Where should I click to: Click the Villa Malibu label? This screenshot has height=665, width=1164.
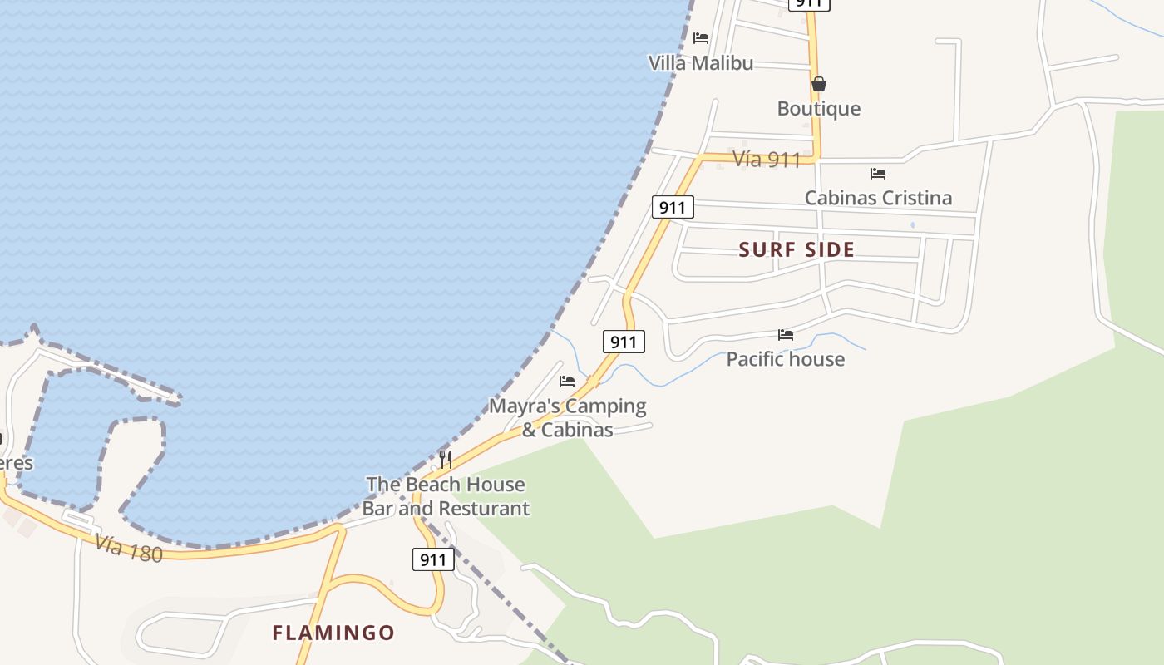pos(701,63)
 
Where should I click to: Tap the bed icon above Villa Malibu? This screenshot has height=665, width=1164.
pos(701,37)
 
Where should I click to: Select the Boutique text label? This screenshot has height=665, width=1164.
pos(818,109)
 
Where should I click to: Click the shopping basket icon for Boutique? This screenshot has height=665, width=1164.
pos(818,84)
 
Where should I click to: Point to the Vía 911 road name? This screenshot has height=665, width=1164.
pos(767,160)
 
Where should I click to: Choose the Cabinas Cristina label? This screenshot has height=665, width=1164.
pos(878,198)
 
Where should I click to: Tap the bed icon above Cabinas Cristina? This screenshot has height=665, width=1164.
pos(878,174)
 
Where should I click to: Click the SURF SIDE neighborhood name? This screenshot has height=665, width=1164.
pos(797,249)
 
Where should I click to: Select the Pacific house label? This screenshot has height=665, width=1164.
pos(785,359)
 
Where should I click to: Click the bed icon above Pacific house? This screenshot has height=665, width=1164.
pos(786,335)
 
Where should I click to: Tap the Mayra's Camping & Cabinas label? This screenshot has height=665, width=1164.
pos(567,417)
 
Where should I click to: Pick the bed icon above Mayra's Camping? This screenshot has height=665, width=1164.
pos(567,382)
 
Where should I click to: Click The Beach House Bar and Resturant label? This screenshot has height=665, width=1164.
pos(446,495)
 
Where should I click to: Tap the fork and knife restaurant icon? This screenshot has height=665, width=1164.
pos(446,459)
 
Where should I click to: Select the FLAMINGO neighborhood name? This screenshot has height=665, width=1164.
pos(333,633)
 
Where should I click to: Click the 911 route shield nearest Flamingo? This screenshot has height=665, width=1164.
pos(433,559)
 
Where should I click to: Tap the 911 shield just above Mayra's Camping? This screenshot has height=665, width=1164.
pos(624,342)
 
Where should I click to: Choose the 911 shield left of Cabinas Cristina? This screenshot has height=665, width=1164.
pos(672,207)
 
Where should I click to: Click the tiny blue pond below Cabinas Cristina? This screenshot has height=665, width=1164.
pos(913,225)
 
